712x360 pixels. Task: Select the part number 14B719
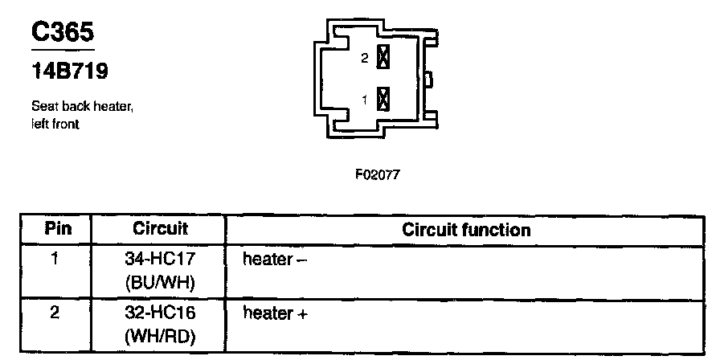70,72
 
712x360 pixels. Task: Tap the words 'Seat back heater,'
81,106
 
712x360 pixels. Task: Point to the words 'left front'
55,125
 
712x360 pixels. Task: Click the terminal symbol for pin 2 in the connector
383,58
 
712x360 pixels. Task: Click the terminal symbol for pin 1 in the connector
383,100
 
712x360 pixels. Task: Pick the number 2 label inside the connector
365,59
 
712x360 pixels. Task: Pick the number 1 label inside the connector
365,100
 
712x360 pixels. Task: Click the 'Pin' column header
58,229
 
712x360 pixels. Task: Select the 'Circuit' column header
160,229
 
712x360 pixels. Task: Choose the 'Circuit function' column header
466,230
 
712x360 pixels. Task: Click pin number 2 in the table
54,313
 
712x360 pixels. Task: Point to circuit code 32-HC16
160,313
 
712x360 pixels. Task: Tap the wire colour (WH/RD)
160,337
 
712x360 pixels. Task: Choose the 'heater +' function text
276,313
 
